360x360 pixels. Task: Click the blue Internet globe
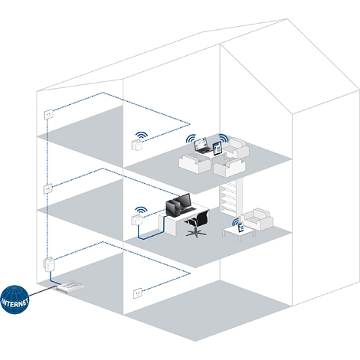pos(15,299)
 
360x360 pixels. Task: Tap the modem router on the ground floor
pos(70,286)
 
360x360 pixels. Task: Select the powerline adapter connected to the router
pos(49,264)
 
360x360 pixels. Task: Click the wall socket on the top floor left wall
pos(48,113)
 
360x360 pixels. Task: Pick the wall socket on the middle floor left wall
pos(48,188)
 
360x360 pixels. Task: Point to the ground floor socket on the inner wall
pos(138,293)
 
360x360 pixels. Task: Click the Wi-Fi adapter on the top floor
pos(137,145)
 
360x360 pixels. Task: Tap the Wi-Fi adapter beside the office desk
pos(136,220)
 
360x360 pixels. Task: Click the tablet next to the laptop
pos(218,149)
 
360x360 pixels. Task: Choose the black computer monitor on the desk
pos(178,205)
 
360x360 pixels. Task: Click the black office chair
pos(198,224)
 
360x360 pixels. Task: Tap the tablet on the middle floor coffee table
pos(241,227)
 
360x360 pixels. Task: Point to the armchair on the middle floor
pos(257,219)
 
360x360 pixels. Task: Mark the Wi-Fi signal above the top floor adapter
pos(142,135)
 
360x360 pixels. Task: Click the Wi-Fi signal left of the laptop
pos(191,139)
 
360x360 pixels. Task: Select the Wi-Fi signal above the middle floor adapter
pos(141,210)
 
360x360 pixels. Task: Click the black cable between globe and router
pos(43,291)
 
